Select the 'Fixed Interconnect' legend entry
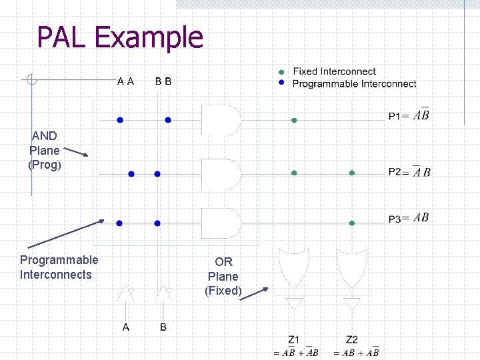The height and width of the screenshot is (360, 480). pyautogui.click(x=334, y=71)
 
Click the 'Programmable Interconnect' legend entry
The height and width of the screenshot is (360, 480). pyautogui.click(x=354, y=83)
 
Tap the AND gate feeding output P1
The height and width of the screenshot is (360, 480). pyautogui.click(x=221, y=120)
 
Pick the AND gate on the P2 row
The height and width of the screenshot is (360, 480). pyautogui.click(x=221, y=173)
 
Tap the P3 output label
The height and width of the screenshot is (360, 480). pyautogui.click(x=409, y=218)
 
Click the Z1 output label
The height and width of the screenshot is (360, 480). pyautogui.click(x=294, y=341)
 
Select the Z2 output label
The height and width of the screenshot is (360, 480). pyautogui.click(x=352, y=341)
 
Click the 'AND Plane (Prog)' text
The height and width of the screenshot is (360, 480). pyautogui.click(x=45, y=150)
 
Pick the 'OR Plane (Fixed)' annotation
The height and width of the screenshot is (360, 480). pyautogui.click(x=223, y=276)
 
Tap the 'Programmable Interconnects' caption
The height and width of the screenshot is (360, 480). pyautogui.click(x=59, y=267)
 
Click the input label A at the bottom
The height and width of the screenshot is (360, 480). pyautogui.click(x=125, y=327)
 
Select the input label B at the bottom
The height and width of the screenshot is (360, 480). pyautogui.click(x=163, y=327)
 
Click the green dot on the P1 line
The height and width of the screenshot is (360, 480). pyautogui.click(x=294, y=121)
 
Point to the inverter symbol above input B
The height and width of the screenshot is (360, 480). pyautogui.click(x=163, y=292)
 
